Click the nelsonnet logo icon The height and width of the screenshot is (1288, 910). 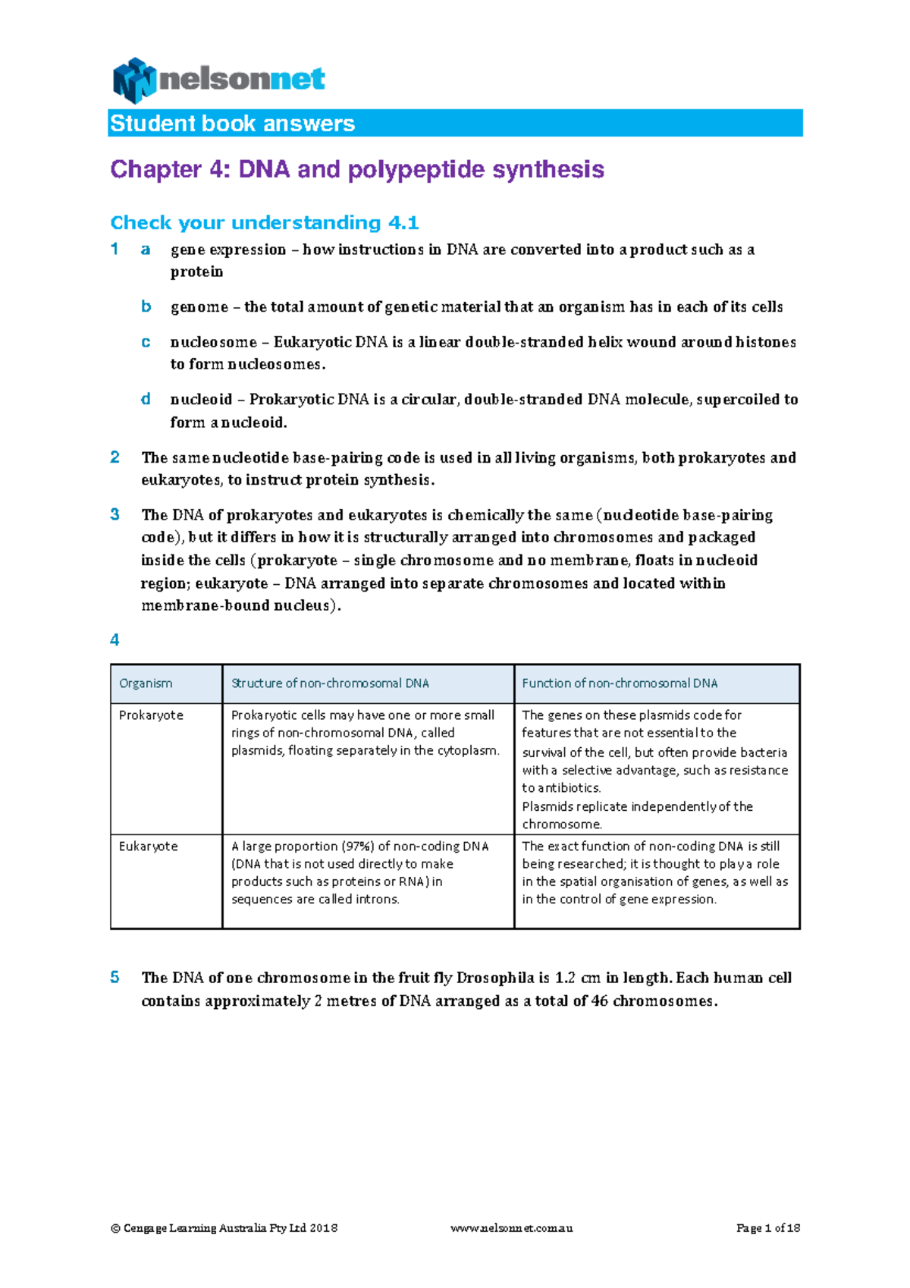click(134, 80)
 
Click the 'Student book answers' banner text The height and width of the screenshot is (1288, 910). click(232, 124)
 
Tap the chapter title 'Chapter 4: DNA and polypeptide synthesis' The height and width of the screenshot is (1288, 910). click(356, 168)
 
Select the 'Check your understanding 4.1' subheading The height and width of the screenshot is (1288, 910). click(264, 222)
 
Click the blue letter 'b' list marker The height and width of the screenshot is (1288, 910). click(146, 306)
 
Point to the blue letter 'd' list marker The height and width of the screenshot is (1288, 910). click(146, 399)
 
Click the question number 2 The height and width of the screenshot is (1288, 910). click(115, 457)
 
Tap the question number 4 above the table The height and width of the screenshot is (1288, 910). click(115, 639)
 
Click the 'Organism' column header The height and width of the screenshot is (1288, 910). click(146, 683)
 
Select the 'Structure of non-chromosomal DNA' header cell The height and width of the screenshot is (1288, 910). click(330, 683)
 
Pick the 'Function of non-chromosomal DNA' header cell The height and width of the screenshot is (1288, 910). click(620, 683)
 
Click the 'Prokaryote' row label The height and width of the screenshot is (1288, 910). click(151, 715)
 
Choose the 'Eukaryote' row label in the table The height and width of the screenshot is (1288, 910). click(149, 847)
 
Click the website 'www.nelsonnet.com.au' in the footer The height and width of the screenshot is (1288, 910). click(511, 1228)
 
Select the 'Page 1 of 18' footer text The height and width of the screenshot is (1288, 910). click(767, 1228)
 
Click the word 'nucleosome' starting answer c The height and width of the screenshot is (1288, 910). click(213, 341)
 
